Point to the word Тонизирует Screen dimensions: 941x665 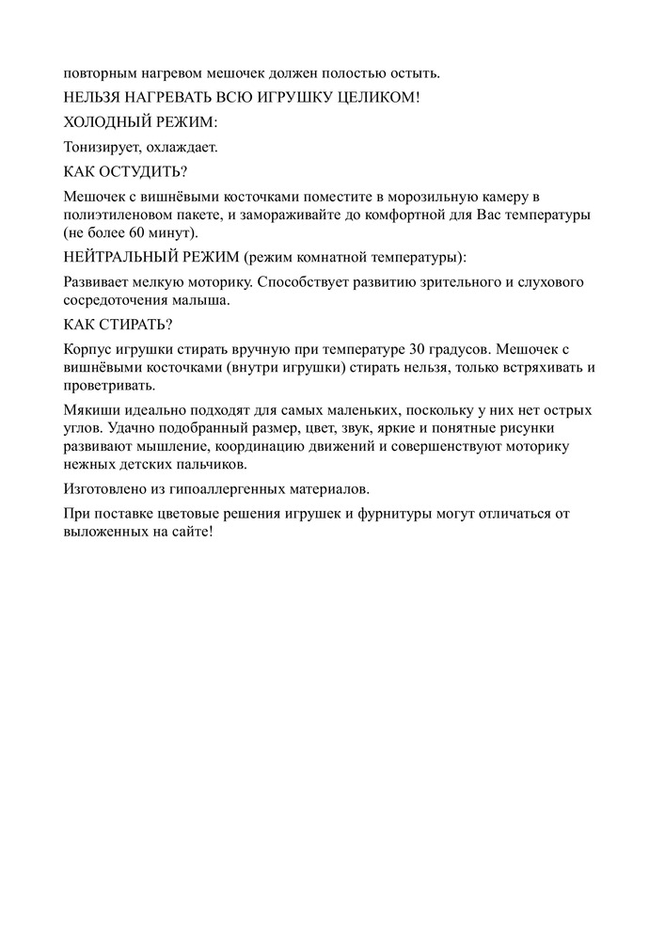100,147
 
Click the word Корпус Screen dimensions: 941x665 87,350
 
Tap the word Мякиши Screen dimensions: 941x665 91,411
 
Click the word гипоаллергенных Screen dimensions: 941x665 223,489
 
